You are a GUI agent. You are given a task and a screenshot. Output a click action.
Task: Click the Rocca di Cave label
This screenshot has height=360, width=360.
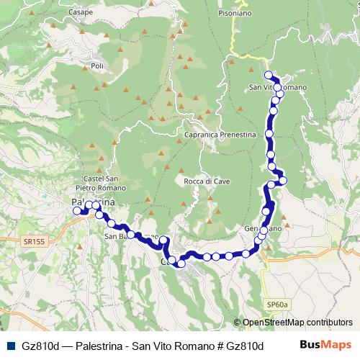[x=206, y=181]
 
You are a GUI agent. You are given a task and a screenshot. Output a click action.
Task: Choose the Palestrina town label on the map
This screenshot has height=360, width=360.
[x=90, y=202]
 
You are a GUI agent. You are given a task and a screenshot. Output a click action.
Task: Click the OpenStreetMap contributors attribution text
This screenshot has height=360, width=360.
[x=297, y=322]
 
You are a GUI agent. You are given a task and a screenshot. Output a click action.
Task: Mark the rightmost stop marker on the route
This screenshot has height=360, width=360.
[x=283, y=179]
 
